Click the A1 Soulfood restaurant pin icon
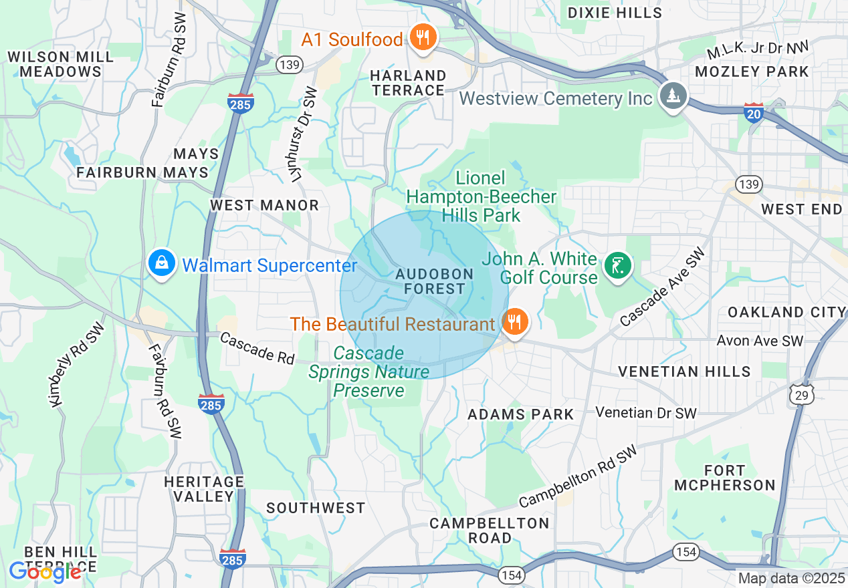point(422,37)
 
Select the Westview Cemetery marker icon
point(673,96)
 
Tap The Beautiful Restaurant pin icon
point(514,323)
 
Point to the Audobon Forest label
point(434,281)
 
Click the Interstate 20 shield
point(754,112)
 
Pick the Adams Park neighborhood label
point(520,414)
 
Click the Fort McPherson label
point(724,478)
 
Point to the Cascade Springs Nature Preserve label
point(369,372)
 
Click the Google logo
point(44,571)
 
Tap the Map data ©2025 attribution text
point(791,578)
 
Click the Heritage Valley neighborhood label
point(205,488)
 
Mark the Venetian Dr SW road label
point(645,412)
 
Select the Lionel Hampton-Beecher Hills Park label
point(481,196)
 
